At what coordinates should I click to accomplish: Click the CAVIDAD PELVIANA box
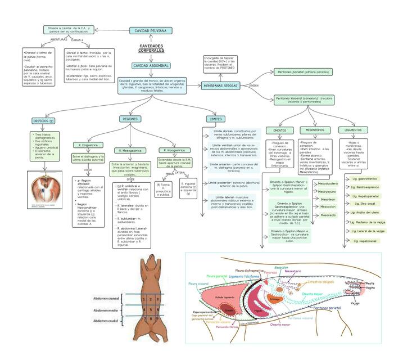tap(150, 30)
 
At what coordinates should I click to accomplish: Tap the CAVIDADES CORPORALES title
tap(150, 48)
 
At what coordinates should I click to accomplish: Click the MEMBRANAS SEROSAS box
tap(220, 85)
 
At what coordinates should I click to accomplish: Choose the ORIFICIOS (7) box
tap(43, 120)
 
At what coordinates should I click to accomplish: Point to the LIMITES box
tap(214, 119)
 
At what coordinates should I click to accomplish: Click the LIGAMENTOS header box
tap(354, 130)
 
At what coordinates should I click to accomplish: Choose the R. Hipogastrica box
tap(173, 150)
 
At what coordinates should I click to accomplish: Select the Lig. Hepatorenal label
tap(365, 240)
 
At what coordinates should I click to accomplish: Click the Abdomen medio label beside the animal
tap(106, 310)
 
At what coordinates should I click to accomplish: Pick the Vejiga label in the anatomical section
tap(355, 303)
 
